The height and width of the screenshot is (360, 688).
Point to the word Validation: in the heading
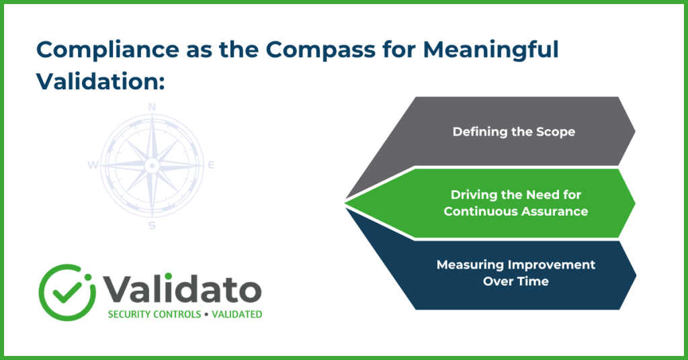coord(101,81)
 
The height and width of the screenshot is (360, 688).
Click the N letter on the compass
coord(153,107)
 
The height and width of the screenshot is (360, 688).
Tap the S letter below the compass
coord(152,226)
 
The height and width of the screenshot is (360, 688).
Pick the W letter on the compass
coord(93,165)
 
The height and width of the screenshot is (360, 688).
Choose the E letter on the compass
coord(211,165)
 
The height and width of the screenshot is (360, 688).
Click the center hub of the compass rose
coord(152,165)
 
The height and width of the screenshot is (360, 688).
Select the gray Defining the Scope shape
coord(505,132)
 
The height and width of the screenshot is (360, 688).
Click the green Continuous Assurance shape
coord(496,203)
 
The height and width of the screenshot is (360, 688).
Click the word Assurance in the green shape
coord(554,212)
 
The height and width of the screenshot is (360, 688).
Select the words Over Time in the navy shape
coord(516,281)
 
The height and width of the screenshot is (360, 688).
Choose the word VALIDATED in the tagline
coord(237,314)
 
